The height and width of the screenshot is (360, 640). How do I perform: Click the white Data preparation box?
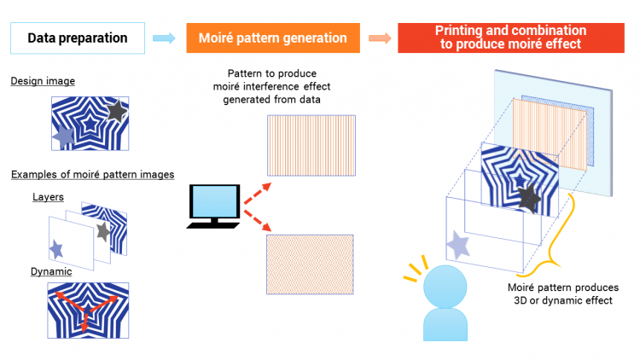click(x=78, y=38)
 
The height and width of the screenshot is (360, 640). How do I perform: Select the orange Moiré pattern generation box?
click(x=273, y=38)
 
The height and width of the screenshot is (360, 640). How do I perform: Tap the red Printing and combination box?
click(x=511, y=38)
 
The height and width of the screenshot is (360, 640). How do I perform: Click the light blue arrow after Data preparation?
click(x=164, y=38)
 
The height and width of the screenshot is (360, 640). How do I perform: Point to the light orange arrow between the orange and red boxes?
click(x=380, y=38)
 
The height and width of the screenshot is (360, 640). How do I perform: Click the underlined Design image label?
click(x=43, y=81)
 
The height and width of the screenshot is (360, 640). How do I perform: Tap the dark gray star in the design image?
click(x=117, y=111)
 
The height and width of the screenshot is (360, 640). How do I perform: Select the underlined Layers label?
click(x=48, y=197)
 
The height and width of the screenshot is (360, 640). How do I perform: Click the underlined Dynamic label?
click(x=51, y=271)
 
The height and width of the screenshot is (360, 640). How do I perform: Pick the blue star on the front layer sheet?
click(x=56, y=248)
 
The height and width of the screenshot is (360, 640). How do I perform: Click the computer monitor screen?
click(x=214, y=200)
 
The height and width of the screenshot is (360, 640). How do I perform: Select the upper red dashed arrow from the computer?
click(x=258, y=194)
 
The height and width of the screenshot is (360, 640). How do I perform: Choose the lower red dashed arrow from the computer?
click(x=258, y=220)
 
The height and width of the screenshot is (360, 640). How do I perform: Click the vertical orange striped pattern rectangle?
click(x=311, y=146)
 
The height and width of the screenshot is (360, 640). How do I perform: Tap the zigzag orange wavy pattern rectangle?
click(x=311, y=264)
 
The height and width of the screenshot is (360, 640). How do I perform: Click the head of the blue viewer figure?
click(x=445, y=287)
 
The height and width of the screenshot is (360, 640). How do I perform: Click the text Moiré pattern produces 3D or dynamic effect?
click(x=563, y=293)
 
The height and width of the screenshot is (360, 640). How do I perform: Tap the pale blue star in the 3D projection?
click(x=458, y=245)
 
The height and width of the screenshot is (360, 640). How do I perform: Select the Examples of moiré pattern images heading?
click(x=93, y=174)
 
